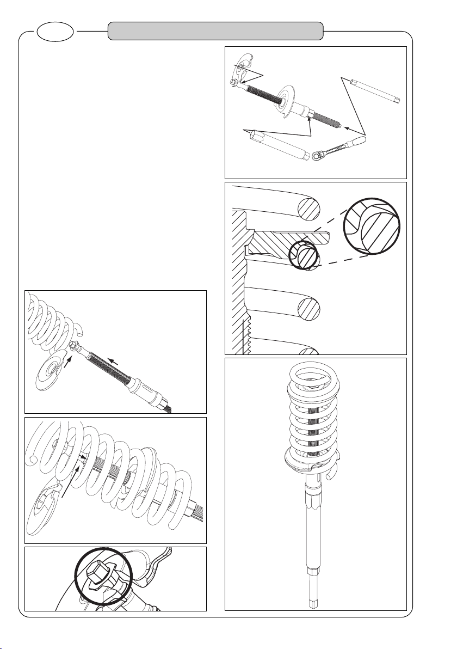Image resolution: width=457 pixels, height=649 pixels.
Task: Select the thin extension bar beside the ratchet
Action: point(376,91)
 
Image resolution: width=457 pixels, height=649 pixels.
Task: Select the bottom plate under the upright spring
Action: point(313,462)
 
